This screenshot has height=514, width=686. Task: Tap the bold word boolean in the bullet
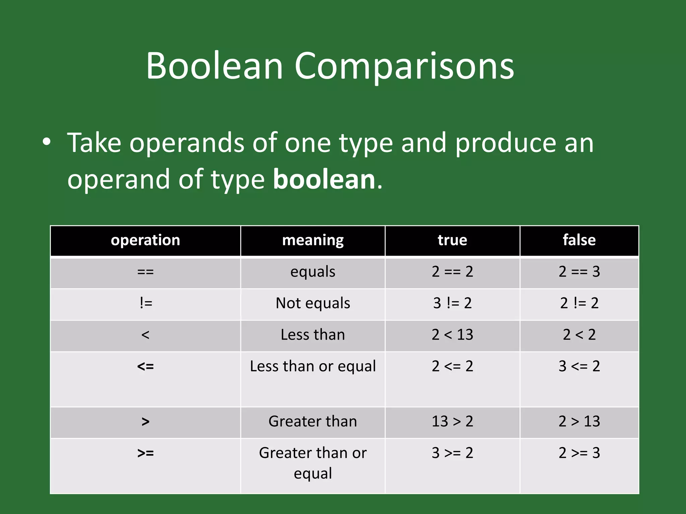(x=324, y=179)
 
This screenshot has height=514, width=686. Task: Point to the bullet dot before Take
(x=47, y=142)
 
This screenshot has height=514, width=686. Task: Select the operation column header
(x=145, y=240)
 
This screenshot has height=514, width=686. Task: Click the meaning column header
(x=313, y=240)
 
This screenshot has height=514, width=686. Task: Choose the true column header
(x=452, y=240)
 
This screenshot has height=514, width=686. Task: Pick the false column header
(x=579, y=240)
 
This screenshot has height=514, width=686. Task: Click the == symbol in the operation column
(x=145, y=272)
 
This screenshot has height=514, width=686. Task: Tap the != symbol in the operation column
(x=146, y=303)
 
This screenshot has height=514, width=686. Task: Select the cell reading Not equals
(x=313, y=303)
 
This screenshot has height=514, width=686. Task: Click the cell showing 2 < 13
(x=452, y=335)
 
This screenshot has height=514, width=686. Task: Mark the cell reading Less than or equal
(x=313, y=366)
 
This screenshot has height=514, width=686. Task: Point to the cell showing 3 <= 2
(x=579, y=366)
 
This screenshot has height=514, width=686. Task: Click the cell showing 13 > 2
(x=452, y=421)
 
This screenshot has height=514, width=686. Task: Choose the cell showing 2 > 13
(x=579, y=421)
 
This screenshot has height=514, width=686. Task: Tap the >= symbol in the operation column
(x=145, y=453)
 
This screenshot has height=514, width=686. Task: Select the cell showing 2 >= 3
(x=579, y=453)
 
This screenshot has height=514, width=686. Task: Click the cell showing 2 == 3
(x=579, y=272)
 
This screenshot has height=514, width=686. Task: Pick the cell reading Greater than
(x=313, y=421)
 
